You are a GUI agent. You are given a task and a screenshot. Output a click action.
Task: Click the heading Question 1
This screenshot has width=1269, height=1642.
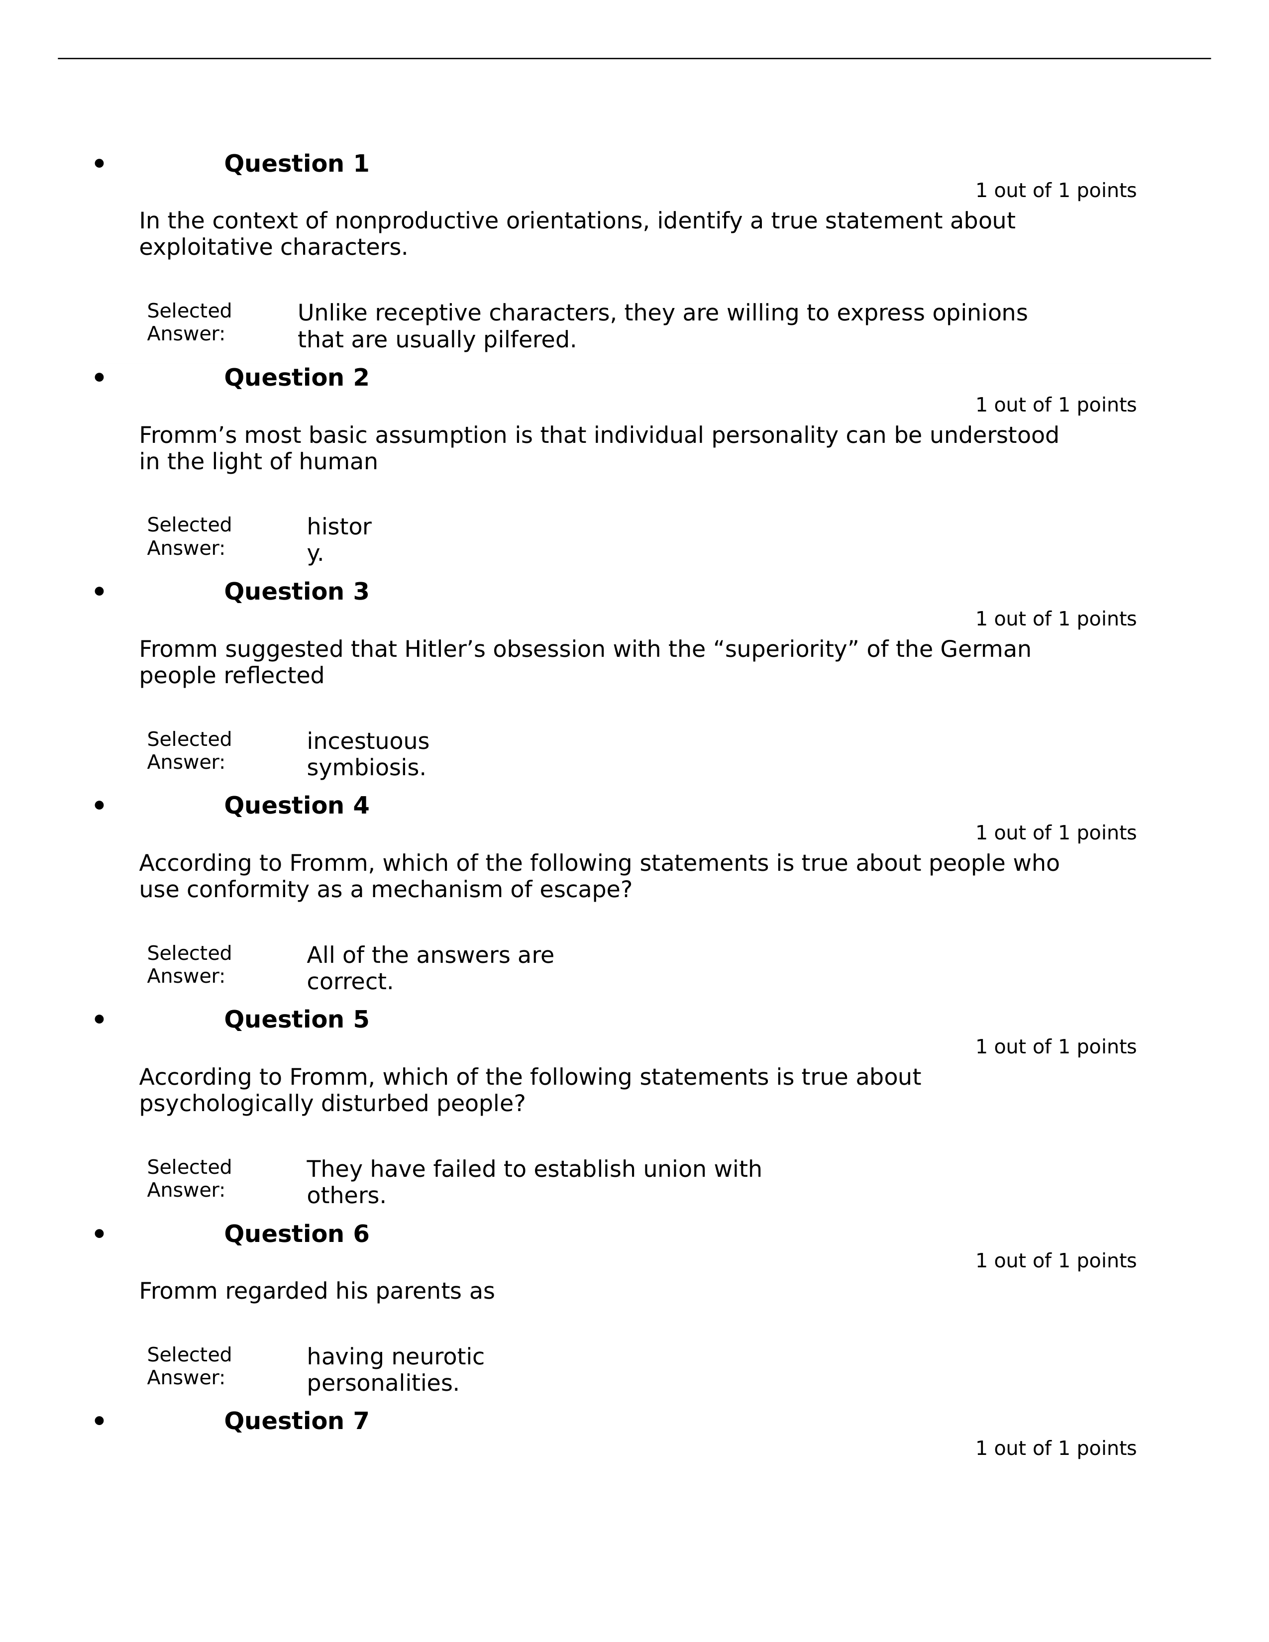296,164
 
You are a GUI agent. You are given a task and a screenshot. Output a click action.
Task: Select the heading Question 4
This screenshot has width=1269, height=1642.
296,806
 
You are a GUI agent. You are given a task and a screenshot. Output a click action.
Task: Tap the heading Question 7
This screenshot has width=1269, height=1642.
296,1421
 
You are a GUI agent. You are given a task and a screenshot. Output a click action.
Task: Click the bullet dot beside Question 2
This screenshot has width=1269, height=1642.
99,378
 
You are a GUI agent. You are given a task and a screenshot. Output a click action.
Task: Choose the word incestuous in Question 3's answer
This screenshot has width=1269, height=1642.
368,741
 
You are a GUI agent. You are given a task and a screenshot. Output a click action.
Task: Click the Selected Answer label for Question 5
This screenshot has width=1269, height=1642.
189,1179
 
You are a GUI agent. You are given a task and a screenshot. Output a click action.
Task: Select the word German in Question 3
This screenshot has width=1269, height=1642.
985,649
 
